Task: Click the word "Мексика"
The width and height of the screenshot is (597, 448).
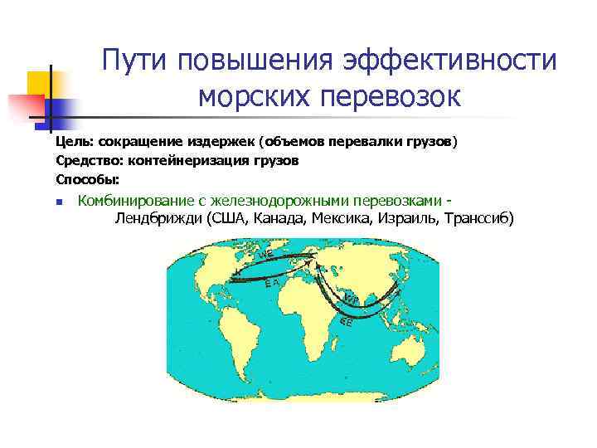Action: [342, 219]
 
